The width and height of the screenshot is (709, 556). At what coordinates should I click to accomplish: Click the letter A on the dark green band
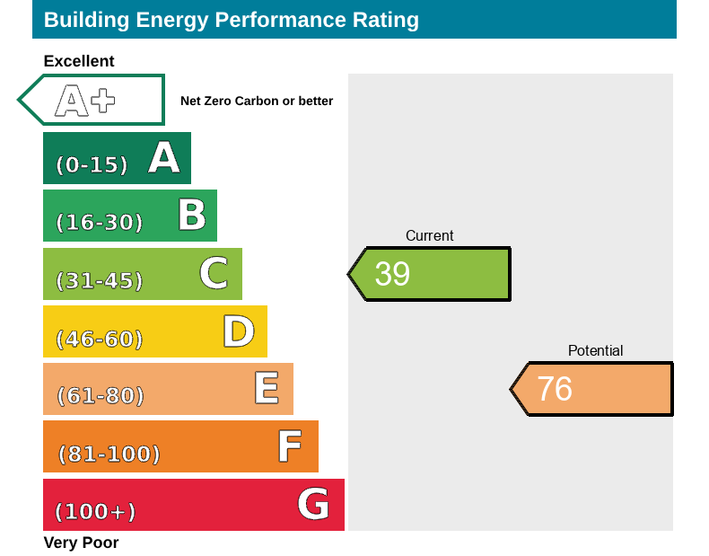164,158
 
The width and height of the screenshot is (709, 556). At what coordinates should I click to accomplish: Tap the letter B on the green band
191,216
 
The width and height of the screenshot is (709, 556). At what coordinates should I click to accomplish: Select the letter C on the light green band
214,273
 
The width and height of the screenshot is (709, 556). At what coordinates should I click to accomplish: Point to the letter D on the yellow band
239,331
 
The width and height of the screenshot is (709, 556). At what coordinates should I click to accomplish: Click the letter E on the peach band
266,389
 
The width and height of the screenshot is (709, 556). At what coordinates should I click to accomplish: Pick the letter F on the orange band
289,446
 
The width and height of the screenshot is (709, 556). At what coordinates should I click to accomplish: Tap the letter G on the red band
313,504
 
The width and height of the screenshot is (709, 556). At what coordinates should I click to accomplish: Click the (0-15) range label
92,165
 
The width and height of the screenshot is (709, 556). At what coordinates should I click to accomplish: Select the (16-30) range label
99,223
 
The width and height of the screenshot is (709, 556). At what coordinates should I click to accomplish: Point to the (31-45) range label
99,281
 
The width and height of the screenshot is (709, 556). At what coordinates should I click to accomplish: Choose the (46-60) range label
99,340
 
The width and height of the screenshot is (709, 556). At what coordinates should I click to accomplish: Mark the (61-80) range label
100,396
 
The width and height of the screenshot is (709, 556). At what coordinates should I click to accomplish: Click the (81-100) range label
109,455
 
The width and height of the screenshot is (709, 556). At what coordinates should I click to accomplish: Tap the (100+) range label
95,512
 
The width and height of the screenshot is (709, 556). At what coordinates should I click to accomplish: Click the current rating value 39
392,274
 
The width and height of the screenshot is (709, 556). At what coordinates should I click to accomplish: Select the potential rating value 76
555,389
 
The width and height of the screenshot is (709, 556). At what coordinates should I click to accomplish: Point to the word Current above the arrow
430,236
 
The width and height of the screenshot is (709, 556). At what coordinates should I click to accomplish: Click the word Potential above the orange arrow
595,351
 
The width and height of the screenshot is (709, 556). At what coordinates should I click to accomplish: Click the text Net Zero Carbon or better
257,101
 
